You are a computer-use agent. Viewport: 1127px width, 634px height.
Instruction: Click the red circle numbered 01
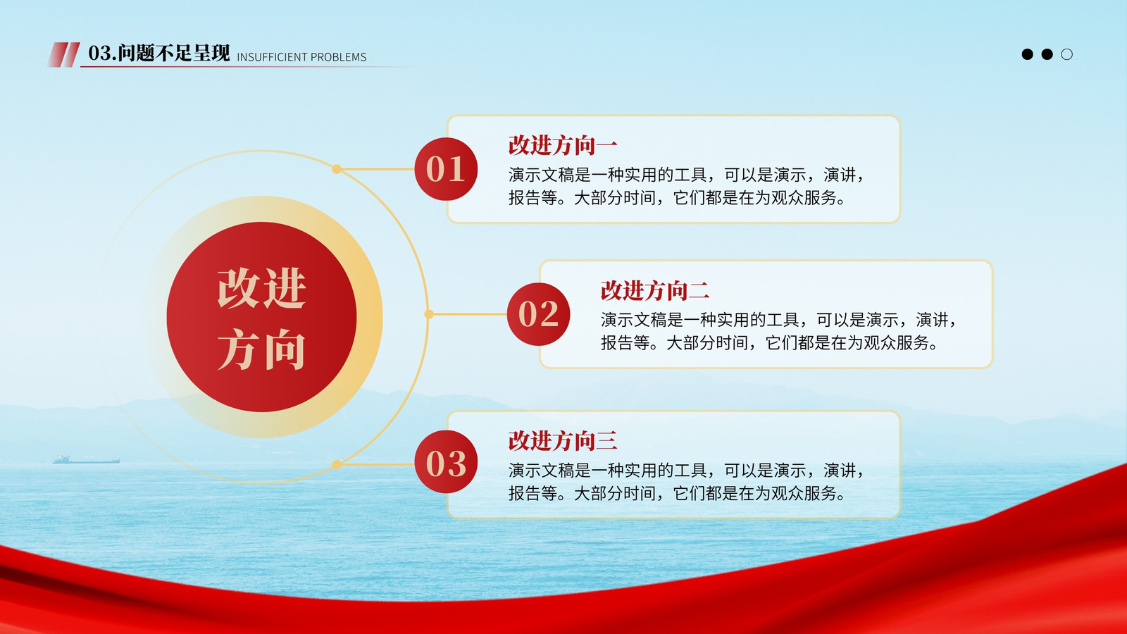point(446,169)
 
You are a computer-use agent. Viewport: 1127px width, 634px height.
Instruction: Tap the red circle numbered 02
point(538,314)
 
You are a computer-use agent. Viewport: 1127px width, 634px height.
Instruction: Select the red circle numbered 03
point(446,462)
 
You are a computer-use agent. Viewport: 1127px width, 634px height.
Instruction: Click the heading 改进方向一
point(563,145)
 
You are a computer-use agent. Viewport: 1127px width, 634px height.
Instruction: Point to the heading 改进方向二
point(655,291)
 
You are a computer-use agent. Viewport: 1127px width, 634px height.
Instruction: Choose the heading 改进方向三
point(563,441)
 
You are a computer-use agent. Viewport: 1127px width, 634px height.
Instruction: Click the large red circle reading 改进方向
point(261,317)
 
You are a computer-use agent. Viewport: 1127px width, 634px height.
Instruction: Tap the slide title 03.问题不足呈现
point(159,53)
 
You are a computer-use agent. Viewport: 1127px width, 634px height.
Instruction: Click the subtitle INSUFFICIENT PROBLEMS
point(302,57)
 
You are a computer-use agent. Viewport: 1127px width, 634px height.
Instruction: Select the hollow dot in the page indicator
point(1066,54)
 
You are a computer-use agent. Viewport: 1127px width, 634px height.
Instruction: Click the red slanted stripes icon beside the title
point(64,54)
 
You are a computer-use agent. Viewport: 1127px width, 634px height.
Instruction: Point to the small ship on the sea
point(86,459)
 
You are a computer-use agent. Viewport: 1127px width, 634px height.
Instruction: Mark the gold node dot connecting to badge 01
point(337,169)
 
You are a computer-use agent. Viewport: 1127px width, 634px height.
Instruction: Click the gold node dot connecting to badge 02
point(429,314)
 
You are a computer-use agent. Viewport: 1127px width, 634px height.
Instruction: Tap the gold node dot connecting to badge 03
point(337,464)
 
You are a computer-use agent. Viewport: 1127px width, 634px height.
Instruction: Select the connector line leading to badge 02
point(468,314)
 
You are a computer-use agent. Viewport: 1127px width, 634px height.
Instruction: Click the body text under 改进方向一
point(686,186)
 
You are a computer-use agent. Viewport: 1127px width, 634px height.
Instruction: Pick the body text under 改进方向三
point(686,482)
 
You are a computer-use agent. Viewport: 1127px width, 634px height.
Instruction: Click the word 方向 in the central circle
point(261,349)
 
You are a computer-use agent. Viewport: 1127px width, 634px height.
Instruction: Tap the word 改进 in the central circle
point(261,288)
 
